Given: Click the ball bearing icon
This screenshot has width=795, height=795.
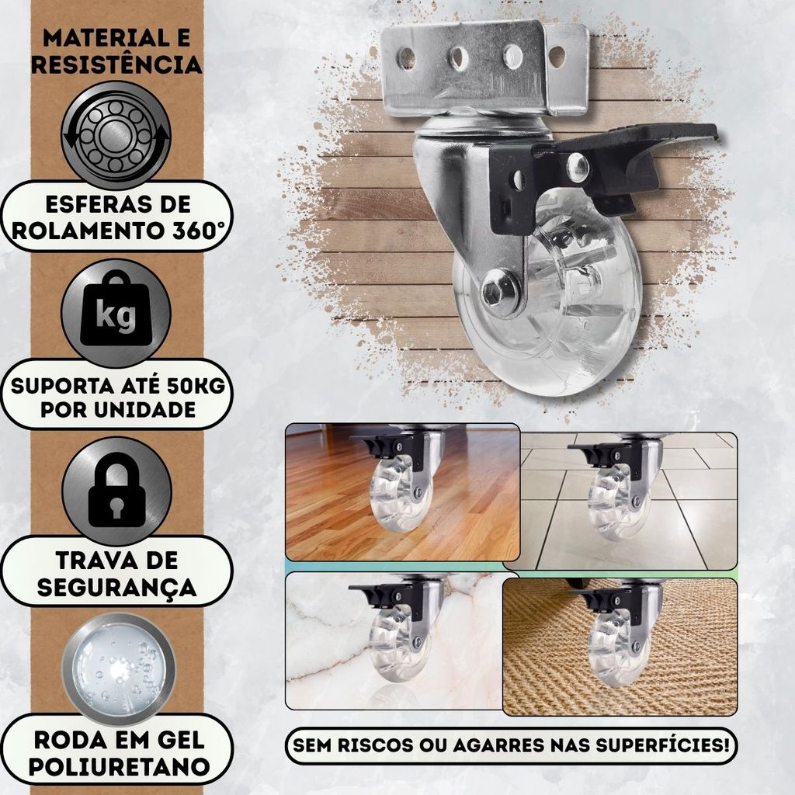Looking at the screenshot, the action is click(116, 135).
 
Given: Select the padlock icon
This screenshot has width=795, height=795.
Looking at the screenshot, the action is click(116, 491).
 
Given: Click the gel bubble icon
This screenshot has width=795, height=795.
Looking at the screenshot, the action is click(119, 668).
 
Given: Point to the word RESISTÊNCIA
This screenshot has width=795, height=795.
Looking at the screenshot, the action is click(116, 64).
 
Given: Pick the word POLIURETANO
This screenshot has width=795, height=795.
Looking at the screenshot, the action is click(119, 766).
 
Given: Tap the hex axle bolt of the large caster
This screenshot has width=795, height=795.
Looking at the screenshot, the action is click(492, 293).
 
